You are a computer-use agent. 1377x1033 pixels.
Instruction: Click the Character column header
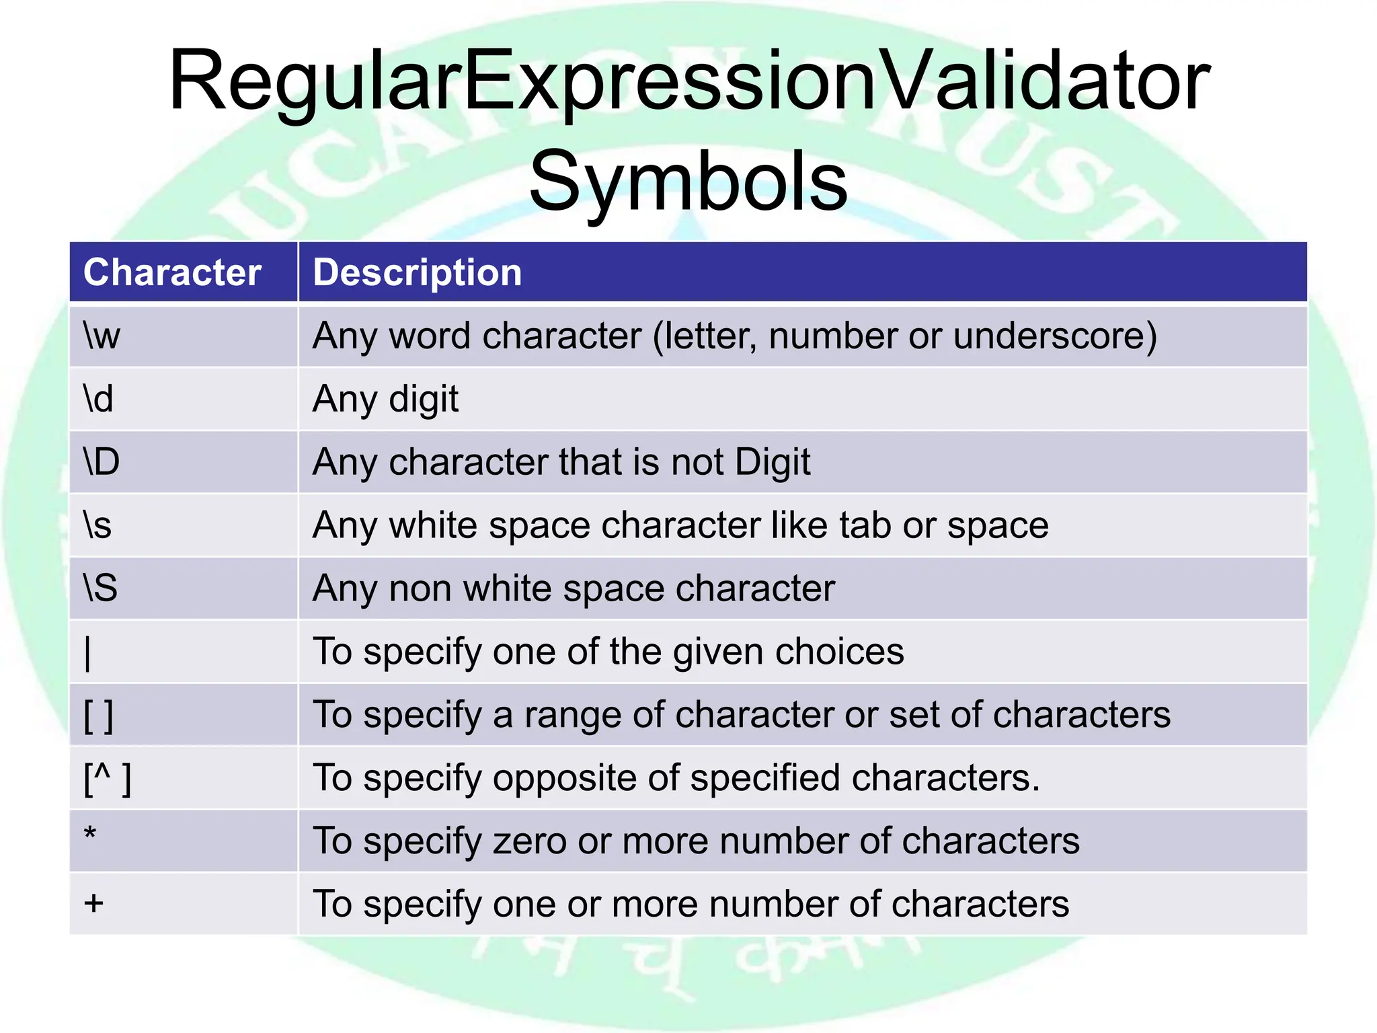click(x=172, y=272)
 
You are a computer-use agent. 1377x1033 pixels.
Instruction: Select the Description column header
click(x=418, y=272)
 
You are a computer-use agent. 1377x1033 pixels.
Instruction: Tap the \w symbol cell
click(x=102, y=336)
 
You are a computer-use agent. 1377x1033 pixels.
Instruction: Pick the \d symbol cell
click(x=98, y=399)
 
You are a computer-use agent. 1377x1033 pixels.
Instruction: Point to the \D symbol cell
click(x=102, y=462)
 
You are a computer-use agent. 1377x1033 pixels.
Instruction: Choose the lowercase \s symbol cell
click(x=97, y=525)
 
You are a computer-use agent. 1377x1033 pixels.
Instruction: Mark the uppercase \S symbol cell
click(x=100, y=588)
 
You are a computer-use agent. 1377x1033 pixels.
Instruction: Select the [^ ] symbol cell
click(x=107, y=778)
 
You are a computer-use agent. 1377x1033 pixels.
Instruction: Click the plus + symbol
click(x=93, y=903)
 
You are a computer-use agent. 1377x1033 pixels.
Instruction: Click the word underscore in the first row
click(x=1049, y=336)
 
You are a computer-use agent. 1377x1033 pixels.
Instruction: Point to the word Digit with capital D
click(x=773, y=463)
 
